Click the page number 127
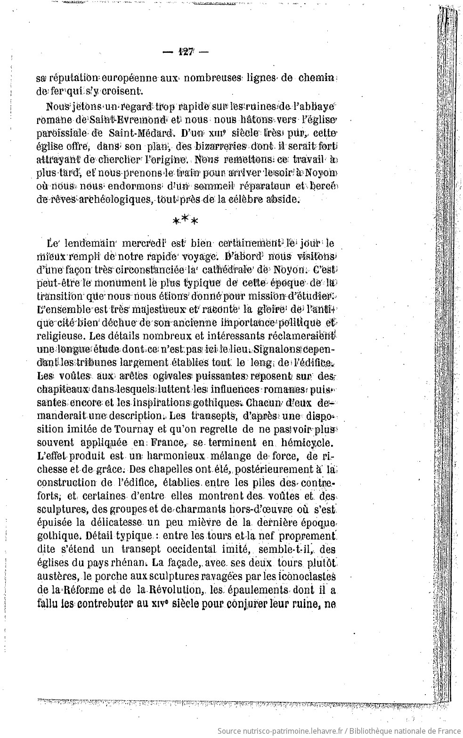tap(186, 52)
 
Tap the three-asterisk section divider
tap(185, 220)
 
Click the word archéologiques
tap(107, 199)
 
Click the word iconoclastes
tap(307, 576)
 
